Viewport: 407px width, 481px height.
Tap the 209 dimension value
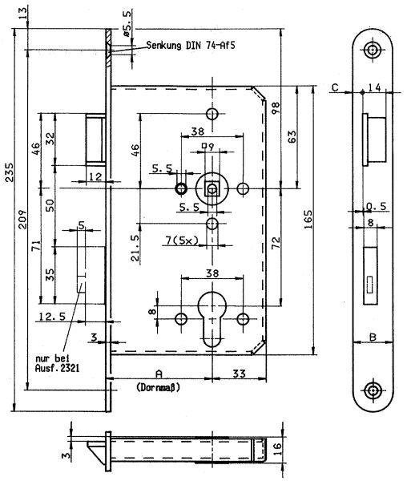22,219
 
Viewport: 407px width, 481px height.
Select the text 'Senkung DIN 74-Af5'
191,46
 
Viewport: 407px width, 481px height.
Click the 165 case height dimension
308,219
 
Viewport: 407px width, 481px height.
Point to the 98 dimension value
276,107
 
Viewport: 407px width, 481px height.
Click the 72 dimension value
276,242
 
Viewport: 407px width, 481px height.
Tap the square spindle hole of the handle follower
212,188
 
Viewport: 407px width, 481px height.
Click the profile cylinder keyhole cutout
212,319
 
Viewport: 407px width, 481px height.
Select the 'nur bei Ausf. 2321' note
58,363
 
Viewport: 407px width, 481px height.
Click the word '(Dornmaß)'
159,387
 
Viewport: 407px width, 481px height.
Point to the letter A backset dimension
159,374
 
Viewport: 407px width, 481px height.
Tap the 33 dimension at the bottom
239,374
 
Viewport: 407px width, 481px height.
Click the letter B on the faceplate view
373,338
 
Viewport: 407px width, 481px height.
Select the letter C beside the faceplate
335,87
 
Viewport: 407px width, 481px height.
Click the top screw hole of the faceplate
373,50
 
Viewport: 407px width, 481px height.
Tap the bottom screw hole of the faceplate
373,390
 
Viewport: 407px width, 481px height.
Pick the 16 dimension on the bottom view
276,450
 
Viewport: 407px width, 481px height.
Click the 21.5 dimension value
135,248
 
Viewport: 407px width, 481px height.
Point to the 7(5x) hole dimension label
182,240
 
